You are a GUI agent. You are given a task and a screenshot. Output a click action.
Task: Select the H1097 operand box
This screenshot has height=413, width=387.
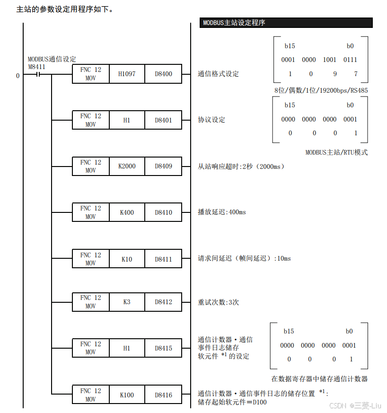tap(127, 74)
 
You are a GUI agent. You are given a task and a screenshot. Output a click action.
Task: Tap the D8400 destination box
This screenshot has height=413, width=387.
tap(163, 74)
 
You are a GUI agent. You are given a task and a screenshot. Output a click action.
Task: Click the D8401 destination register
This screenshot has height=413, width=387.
tap(163, 120)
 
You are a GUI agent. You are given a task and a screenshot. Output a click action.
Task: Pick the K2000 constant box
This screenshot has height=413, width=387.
tap(127, 166)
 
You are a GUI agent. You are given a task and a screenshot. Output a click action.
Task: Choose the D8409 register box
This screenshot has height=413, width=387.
tap(163, 166)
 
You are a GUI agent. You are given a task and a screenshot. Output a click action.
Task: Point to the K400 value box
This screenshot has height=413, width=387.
tap(127, 212)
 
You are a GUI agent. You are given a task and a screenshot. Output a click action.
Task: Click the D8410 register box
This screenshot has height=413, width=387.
tap(163, 212)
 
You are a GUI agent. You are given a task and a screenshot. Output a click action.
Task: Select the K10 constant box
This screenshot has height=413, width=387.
tap(127, 259)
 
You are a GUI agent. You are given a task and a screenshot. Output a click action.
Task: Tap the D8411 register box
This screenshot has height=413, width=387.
tap(163, 259)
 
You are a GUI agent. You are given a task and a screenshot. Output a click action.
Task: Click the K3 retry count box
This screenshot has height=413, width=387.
tap(127, 302)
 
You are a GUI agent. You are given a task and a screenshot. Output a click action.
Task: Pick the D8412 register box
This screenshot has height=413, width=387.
tap(163, 302)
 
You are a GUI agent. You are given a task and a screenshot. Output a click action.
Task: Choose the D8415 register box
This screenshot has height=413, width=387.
tap(163, 348)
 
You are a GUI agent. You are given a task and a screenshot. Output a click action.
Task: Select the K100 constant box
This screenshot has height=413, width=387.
tap(127, 395)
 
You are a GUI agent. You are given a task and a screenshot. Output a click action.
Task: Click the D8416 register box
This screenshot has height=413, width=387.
tap(163, 395)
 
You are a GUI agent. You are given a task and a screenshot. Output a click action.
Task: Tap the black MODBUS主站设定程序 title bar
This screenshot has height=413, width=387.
tap(287, 23)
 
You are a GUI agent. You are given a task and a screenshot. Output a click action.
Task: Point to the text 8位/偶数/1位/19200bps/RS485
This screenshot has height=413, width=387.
tap(321, 90)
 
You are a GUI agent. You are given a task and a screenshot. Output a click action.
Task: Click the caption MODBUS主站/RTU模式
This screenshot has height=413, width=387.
tap(336, 152)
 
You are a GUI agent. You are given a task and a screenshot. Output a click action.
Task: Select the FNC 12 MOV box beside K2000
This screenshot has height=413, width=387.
tap(90, 166)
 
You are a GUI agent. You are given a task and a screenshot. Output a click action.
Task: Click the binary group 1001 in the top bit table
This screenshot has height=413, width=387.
tap(330, 60)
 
